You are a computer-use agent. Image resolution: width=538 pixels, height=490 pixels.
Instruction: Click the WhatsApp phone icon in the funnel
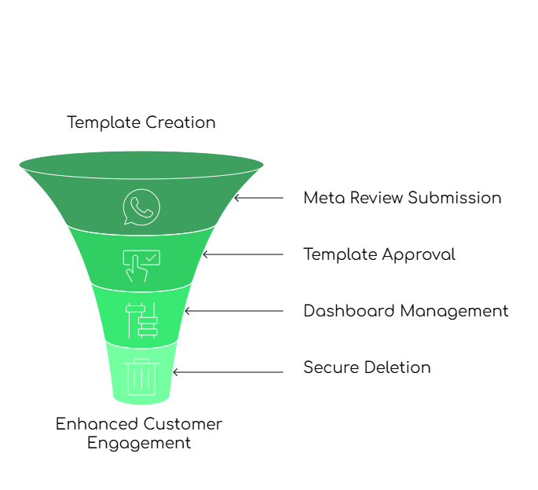point(141,207)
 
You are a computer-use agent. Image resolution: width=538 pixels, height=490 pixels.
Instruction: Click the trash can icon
point(141,375)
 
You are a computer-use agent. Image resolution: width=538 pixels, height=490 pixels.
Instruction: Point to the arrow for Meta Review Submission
point(258,198)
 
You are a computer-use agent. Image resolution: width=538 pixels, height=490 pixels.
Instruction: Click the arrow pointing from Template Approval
point(243,254)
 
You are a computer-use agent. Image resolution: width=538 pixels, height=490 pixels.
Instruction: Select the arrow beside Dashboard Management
point(233,311)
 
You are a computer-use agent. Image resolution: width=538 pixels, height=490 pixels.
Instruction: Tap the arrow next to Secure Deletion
point(228,371)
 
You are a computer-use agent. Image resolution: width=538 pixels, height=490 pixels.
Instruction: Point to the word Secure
point(328,367)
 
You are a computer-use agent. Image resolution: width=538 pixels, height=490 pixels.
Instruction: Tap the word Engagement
point(139,443)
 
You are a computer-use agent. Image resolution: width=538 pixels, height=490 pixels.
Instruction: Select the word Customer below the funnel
point(182,424)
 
